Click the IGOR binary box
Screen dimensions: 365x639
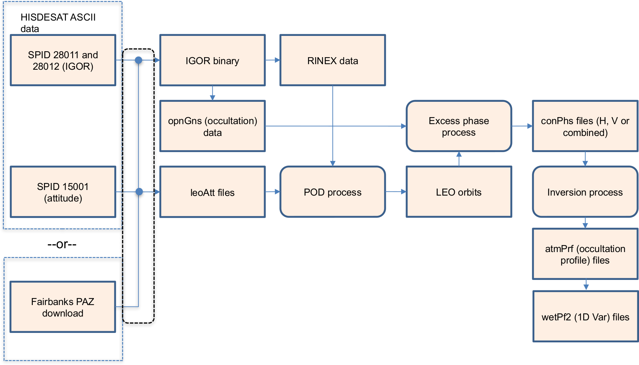point(212,60)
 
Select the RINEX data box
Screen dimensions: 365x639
point(332,60)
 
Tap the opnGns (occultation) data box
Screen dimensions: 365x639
point(212,126)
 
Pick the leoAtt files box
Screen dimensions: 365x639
point(212,192)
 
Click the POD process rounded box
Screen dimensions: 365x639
point(332,192)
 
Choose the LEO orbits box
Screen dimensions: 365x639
point(459,192)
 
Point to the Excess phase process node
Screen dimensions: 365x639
point(459,126)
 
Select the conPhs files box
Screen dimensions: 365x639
point(585,126)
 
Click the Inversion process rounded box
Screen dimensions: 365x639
point(585,192)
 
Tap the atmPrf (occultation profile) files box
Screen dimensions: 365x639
point(585,254)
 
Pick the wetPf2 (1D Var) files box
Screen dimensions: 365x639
point(585,317)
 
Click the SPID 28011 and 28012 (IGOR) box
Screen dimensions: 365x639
point(63,60)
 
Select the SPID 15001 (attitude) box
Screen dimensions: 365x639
point(63,192)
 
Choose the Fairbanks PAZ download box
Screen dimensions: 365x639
point(63,307)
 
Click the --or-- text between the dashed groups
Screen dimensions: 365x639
point(62,244)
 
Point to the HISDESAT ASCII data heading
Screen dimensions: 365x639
point(58,23)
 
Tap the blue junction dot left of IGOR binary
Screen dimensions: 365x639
point(138,60)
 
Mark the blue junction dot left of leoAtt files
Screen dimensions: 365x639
point(139,192)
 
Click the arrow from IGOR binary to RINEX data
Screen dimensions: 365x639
point(273,60)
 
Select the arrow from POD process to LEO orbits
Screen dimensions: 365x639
point(396,192)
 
